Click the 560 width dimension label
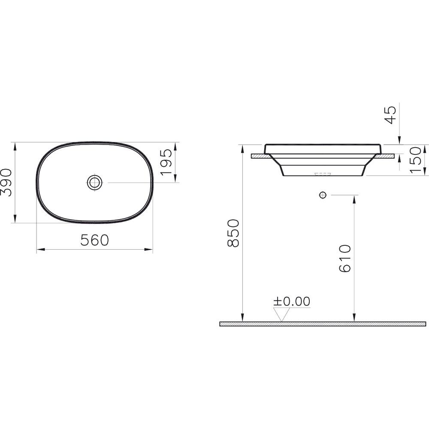[95, 240]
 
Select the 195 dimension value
[166, 162]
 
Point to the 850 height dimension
[233, 233]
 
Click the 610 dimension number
[345, 259]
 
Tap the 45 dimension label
[390, 115]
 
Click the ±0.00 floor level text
[292, 301]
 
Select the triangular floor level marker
[281, 314]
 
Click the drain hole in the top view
[95, 182]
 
